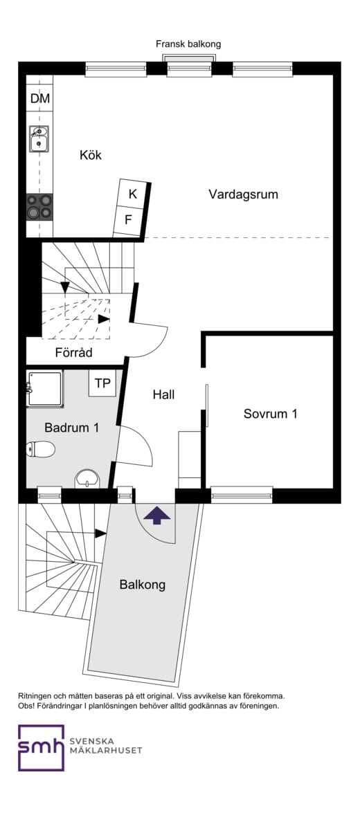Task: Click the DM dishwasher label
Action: coord(39,98)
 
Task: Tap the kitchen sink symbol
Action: coord(39,139)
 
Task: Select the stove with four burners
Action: coord(39,207)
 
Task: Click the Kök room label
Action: coord(91,155)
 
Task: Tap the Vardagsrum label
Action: coord(243,194)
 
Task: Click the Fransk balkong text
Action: coord(188,44)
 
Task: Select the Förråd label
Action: coord(73,353)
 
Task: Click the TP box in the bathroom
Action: coord(102,384)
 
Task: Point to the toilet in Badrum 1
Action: coord(40,449)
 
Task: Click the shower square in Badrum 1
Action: coord(44,388)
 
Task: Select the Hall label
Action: coord(163,394)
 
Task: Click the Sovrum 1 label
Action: coord(270,414)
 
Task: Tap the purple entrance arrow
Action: coord(156,516)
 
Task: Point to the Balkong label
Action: coord(143,585)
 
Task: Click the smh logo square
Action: coord(41,748)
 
